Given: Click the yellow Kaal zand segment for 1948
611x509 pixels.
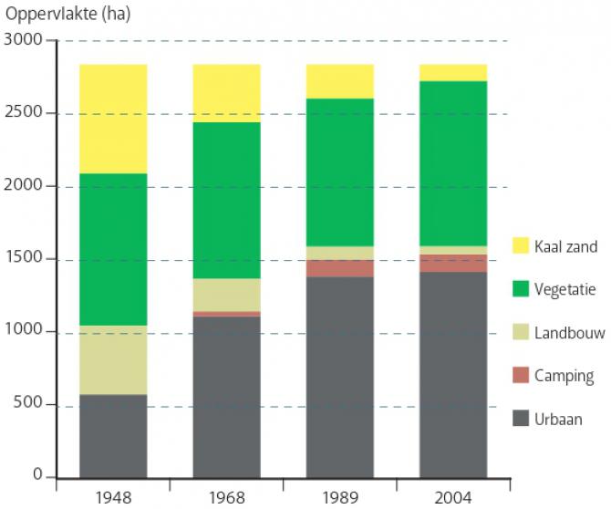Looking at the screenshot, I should point(113,119).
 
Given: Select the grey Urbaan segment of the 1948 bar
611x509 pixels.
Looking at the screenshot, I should point(113,436).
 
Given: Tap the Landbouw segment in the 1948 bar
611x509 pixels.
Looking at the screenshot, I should point(113,360).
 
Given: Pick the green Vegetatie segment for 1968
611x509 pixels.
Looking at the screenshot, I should point(226,200).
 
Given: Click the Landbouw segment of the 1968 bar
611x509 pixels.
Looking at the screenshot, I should point(226,295).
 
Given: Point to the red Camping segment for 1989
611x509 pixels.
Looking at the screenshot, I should point(339,268).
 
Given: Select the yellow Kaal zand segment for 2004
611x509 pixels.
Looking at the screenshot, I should point(453,73).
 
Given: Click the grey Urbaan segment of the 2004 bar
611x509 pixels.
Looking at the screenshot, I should point(453,374).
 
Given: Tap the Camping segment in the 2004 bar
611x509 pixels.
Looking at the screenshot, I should point(453,264).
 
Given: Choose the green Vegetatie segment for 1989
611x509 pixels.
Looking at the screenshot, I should point(339,172).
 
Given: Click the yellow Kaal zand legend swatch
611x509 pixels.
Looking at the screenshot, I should point(521,245).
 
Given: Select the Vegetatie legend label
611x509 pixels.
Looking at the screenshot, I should point(565,289).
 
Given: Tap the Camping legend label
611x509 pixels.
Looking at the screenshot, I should point(564,376).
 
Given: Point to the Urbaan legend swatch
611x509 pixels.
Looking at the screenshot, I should point(521,419).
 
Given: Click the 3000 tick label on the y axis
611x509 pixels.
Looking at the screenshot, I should point(24,40).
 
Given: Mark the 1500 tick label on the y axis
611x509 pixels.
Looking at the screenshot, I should point(24,259).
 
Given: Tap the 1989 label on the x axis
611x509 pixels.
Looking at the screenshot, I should point(339,498).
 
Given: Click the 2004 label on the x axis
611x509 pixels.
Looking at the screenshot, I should point(453,498).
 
